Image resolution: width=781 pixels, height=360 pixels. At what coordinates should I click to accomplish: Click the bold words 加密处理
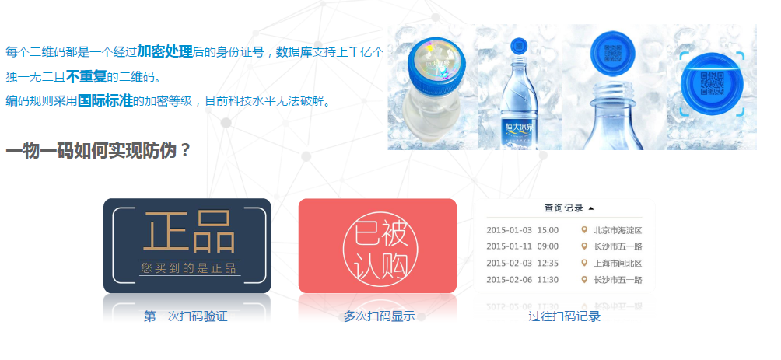coord(165,52)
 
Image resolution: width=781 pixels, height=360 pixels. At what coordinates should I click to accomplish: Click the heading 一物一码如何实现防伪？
coord(98,150)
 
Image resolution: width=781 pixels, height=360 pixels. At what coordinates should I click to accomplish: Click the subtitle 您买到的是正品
coord(189,268)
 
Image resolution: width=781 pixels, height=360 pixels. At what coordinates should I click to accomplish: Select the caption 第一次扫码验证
coord(186,316)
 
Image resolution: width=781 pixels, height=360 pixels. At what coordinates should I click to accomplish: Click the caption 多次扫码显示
coord(380,316)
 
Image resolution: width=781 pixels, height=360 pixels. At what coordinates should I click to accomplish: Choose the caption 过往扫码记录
coord(565,316)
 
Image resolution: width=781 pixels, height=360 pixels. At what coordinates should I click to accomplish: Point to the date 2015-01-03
coord(509,230)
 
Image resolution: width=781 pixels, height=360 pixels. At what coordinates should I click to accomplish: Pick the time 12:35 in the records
coord(548,263)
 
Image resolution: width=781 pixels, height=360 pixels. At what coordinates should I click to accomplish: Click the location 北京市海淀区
coord(618,230)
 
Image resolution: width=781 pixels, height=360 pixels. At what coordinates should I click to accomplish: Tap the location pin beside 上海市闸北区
coord(584,263)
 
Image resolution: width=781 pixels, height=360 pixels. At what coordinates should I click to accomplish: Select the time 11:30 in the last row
coord(548,279)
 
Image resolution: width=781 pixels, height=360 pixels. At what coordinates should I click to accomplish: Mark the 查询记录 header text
coord(563,208)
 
